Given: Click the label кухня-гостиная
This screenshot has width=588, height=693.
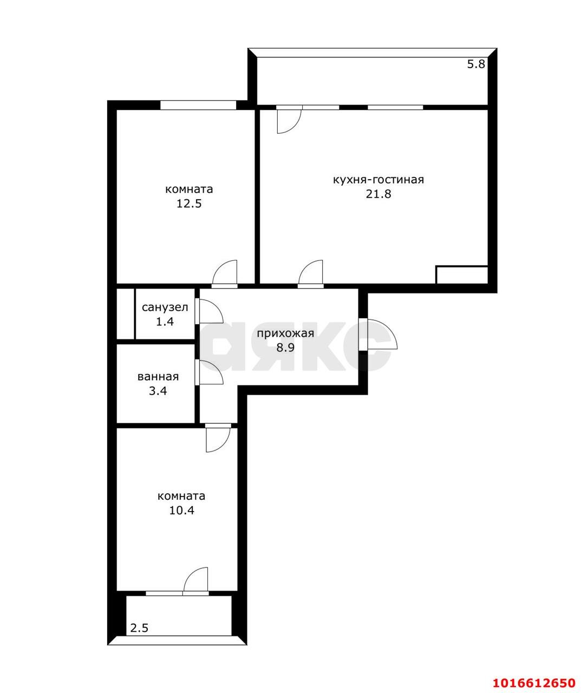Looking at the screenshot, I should coord(378,180).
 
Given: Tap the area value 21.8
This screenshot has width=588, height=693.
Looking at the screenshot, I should coord(378,194).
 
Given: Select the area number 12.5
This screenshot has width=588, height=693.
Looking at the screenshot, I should coord(189,204).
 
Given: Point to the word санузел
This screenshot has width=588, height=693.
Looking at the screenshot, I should coord(165,308).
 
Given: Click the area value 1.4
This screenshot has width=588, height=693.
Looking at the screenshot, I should coord(165,322).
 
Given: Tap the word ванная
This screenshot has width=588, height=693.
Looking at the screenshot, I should coord(158,377).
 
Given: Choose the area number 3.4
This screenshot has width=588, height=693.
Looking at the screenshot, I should coord(158,391).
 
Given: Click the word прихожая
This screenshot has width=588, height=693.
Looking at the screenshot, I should coord(285,334).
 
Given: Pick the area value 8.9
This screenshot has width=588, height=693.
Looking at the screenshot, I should coord(285,348).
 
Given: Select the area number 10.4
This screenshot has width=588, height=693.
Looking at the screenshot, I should coord(181,510).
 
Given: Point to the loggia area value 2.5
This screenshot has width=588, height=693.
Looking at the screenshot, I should coord(139,628).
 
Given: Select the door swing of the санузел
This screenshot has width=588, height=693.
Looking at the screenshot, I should coord(210,312).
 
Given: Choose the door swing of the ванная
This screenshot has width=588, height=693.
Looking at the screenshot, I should coord(210,372).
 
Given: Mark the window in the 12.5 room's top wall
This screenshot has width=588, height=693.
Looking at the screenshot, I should coord(198,105).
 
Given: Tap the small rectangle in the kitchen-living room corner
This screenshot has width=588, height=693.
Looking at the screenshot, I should coord(462,274).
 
